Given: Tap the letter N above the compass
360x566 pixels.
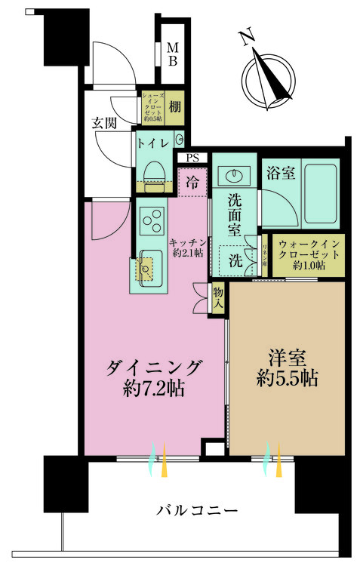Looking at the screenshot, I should click(245, 37).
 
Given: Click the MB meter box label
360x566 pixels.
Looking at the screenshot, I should click(172, 55).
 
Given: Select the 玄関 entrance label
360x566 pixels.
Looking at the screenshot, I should click(103, 124).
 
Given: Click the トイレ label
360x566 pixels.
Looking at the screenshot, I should click(153, 140).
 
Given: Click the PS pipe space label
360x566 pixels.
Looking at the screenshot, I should click(193, 158).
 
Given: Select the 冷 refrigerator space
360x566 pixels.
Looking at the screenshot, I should click(192, 182).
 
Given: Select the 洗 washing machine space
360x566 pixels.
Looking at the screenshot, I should click(235, 261).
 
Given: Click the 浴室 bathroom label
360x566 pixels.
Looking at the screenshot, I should click(280, 174).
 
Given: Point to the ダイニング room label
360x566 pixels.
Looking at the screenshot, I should click(155, 378).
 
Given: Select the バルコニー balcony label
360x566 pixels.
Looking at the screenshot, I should click(197, 511).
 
